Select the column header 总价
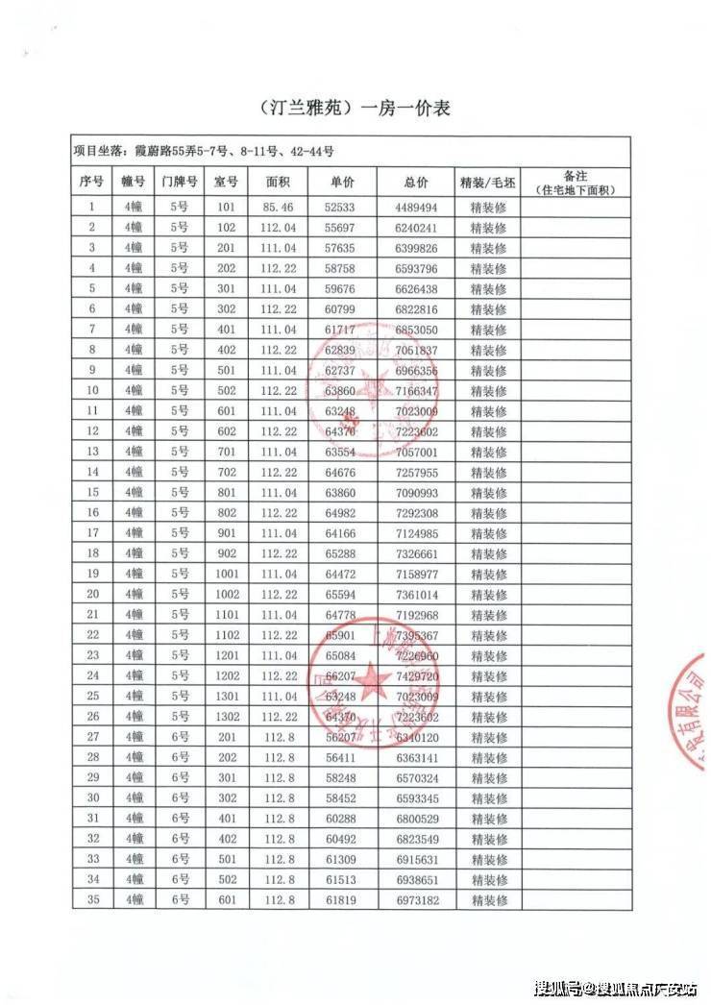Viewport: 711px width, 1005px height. point(416,183)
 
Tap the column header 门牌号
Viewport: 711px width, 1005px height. point(180,183)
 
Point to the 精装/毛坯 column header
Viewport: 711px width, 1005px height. point(488,183)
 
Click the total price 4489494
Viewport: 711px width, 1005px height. point(416,207)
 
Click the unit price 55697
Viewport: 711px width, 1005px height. point(342,228)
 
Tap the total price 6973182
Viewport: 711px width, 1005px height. point(416,899)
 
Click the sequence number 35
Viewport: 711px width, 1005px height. point(93,899)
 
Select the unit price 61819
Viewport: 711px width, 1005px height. point(342,899)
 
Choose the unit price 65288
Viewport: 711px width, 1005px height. point(342,553)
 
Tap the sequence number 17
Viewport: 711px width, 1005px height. point(93,532)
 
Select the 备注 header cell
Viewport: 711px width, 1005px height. point(576,183)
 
